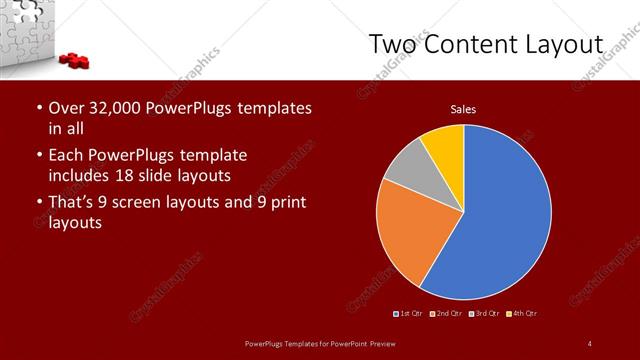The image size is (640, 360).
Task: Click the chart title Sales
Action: (463, 109)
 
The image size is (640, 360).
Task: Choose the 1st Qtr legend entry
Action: (409, 315)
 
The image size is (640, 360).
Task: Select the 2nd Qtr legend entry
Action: (446, 315)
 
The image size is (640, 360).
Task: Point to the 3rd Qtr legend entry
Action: (484, 315)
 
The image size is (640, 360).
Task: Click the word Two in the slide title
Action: (394, 45)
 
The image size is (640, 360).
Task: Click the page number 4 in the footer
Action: (590, 344)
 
